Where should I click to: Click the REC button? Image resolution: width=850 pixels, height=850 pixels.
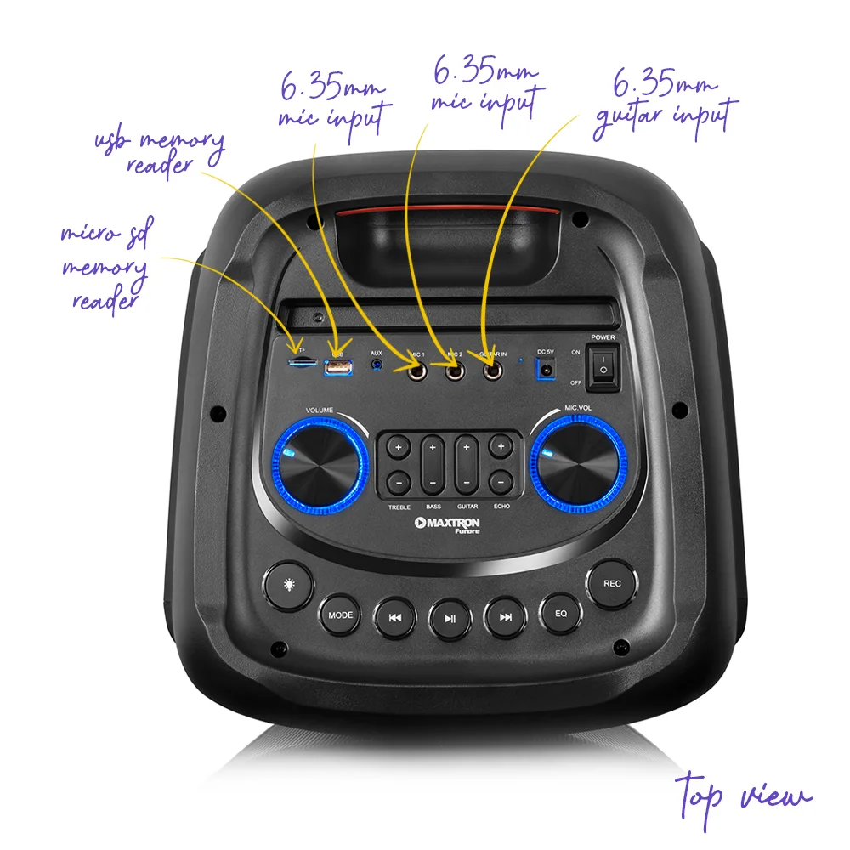612,584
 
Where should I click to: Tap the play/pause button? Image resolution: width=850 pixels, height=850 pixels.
450,619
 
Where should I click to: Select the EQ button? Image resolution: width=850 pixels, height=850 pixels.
560,613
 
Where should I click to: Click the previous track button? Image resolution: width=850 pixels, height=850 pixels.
394,618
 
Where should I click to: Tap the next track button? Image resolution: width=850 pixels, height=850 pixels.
506,618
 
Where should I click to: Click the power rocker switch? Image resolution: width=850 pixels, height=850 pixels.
603,370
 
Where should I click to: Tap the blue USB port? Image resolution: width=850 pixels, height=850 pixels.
337,367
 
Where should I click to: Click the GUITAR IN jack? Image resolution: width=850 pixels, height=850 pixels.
491,371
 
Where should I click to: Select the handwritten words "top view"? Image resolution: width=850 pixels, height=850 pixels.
744,795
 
